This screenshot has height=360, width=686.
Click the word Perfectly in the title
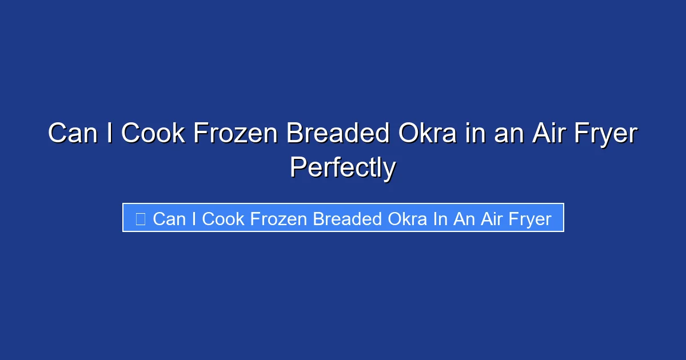[x=342, y=167]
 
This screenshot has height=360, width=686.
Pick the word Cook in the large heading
[x=154, y=134]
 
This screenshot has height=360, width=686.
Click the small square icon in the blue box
[x=141, y=218]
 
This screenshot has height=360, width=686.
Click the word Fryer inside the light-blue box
[x=530, y=219]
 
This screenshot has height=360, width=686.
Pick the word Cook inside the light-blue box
[x=224, y=219]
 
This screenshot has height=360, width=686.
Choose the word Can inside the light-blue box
[x=168, y=219]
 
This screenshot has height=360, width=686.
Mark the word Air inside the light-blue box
[x=491, y=219]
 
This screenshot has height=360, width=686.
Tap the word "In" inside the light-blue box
[x=440, y=219]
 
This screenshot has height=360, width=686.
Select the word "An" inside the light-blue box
[x=463, y=219]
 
